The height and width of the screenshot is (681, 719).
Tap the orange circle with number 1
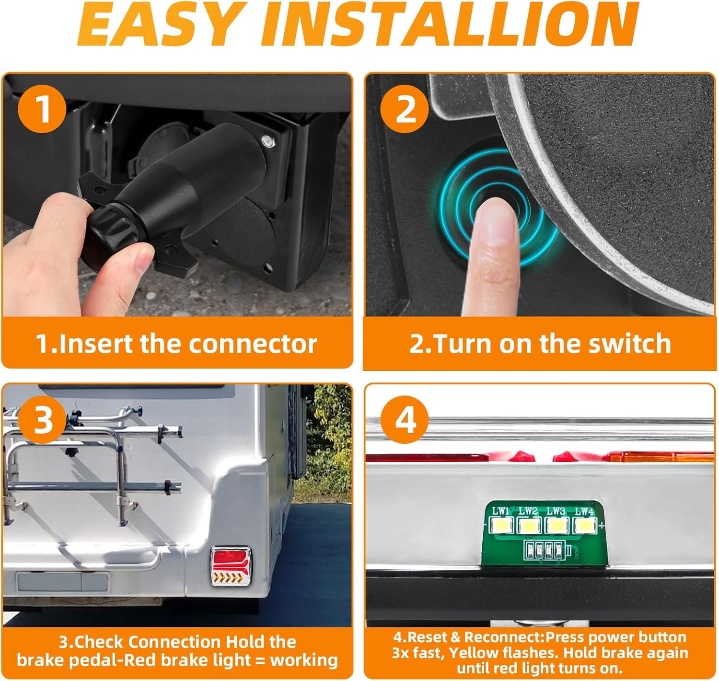coord(43,108)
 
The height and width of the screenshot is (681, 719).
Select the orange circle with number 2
coord(405,109)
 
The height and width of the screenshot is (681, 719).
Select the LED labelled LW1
coord(501,526)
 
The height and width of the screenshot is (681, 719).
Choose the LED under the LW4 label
coord(584,526)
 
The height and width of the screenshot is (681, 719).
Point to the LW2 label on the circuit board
coord(528,511)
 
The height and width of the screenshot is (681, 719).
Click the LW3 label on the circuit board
coord(556,511)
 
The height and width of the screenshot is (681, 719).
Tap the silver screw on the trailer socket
coord(268,141)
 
